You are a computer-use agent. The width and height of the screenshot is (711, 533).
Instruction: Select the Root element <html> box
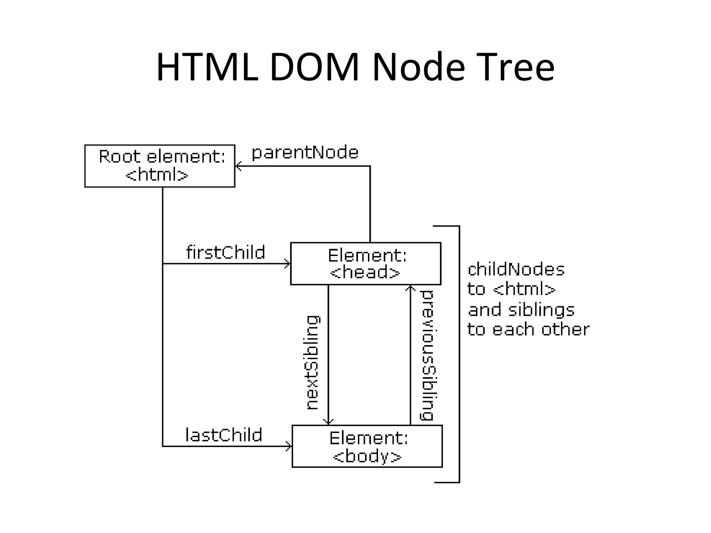[160, 166]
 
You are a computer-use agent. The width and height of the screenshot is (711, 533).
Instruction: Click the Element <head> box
[366, 264]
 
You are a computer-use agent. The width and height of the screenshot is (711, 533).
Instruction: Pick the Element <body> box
[367, 446]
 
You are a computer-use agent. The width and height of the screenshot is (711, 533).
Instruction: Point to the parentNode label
[305, 153]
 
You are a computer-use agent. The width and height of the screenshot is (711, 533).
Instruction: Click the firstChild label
[226, 252]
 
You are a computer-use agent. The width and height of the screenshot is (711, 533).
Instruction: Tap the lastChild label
[224, 435]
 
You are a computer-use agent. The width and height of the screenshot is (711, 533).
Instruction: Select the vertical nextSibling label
[312, 363]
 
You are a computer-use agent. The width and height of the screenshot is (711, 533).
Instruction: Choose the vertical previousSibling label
[427, 356]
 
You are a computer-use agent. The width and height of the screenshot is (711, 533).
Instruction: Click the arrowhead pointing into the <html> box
[238, 166]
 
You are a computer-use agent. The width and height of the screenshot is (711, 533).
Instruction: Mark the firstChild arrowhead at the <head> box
[288, 264]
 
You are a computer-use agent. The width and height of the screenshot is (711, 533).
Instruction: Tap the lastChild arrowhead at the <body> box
[289, 446]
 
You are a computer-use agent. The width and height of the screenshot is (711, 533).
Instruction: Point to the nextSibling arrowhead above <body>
[328, 422]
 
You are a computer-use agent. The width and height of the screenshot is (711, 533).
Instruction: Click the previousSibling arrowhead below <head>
[410, 288]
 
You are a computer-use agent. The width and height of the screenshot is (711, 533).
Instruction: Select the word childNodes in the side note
[516, 270]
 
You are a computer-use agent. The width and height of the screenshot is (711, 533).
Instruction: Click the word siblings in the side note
[541, 310]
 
